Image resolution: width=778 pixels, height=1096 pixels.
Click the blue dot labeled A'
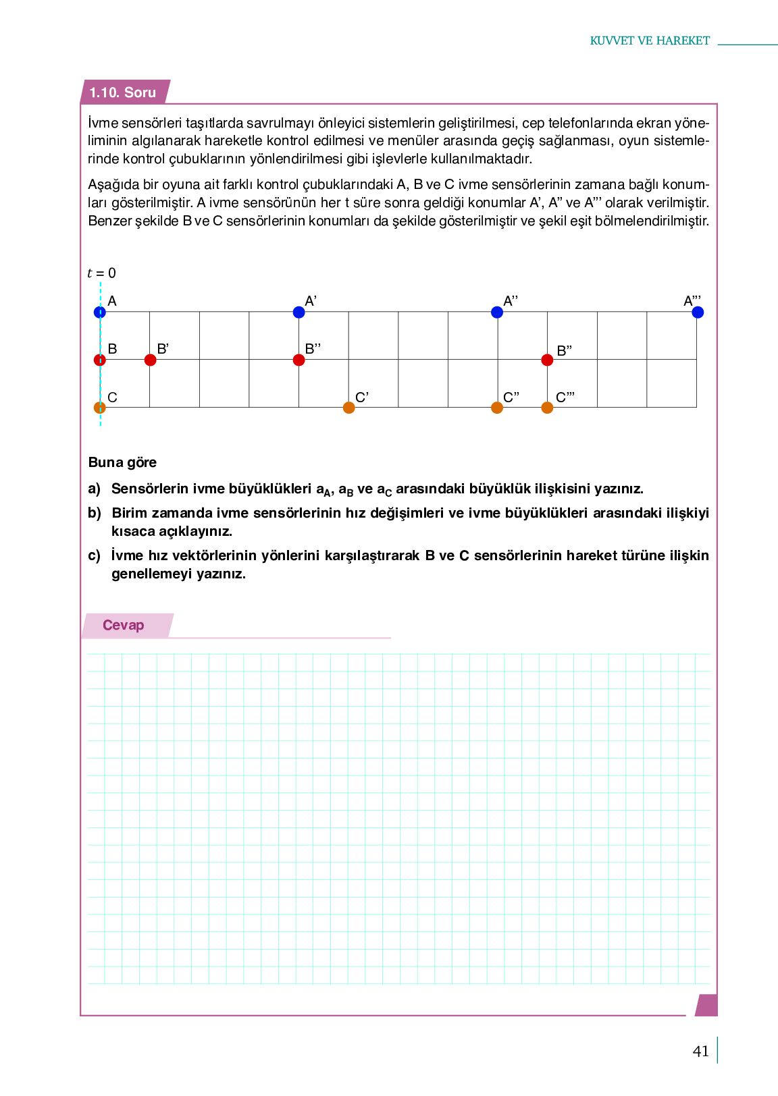pos(299,312)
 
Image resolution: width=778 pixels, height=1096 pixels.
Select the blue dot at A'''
pos(698,312)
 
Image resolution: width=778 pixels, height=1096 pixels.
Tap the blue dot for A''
pos(497,312)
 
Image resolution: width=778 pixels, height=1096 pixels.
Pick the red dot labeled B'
pos(150,360)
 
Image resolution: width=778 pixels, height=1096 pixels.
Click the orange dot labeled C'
pos(348,408)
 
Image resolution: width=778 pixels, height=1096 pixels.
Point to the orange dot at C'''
pos(547,408)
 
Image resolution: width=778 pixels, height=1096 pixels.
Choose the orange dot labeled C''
pos(497,408)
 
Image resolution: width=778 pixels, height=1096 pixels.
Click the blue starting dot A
pos(100,312)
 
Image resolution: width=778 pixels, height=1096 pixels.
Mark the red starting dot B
pos(100,360)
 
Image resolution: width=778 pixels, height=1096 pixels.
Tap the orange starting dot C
pos(100,408)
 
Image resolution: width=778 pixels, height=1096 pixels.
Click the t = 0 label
pos(101,273)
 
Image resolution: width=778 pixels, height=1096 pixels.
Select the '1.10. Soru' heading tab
pos(123,92)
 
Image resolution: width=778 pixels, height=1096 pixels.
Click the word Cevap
pos(123,625)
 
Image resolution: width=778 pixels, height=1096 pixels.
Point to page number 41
pos(701,1051)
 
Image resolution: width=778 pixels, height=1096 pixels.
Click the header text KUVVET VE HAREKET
pos(650,40)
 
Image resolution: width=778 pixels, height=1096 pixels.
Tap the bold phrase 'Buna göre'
pos(122,462)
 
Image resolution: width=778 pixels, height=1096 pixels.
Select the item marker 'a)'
pos(94,489)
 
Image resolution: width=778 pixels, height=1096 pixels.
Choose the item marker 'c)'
pos(94,555)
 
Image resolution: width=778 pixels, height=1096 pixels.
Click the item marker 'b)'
pos(94,513)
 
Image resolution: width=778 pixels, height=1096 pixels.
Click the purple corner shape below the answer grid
pos(706,1005)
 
